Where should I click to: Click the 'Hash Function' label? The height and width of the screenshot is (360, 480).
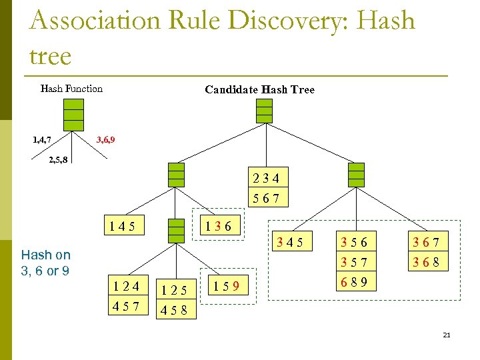coord(71,89)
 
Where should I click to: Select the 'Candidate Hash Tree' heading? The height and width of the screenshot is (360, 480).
coord(259,89)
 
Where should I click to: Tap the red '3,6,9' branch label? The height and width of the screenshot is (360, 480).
coord(108,140)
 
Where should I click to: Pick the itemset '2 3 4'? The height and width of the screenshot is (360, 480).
coord(266,178)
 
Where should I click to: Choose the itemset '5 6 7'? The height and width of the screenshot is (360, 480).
coord(266,198)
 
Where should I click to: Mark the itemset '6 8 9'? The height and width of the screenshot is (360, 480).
coord(354,281)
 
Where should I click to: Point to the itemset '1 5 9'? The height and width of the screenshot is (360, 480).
coord(225,288)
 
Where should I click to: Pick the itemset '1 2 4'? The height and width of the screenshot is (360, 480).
coord(126,287)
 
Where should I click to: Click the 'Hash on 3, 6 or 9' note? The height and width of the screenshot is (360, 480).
coord(45,263)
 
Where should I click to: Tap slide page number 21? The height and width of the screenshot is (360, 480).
coord(447,335)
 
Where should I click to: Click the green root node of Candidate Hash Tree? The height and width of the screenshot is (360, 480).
coord(265,110)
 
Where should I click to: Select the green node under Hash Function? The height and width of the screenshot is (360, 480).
coord(73,115)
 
